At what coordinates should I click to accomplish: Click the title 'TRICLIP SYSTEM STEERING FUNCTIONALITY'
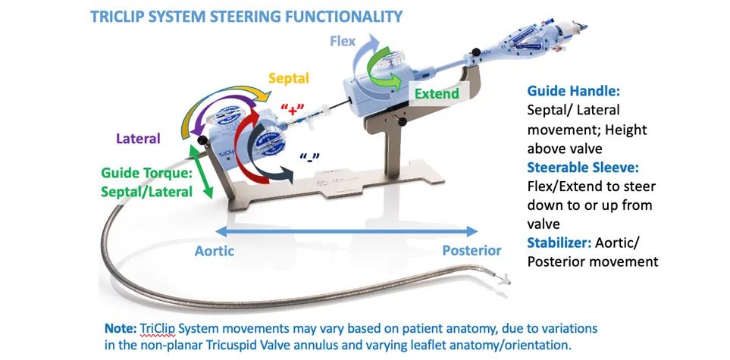(x=246, y=15)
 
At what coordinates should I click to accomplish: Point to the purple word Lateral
(x=139, y=139)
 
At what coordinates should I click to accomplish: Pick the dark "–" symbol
(x=308, y=158)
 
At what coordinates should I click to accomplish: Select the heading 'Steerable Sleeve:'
(x=581, y=167)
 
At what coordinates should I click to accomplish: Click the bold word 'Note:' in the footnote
(x=121, y=329)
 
